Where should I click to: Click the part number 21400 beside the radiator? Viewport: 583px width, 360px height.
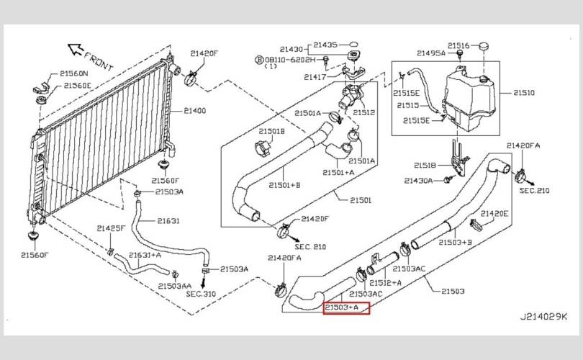pos(195,110)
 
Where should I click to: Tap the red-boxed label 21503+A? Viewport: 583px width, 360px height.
pos(342,307)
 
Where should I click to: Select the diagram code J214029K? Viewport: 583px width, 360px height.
pos(543,317)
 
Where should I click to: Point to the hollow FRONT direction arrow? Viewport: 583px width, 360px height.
pos(76,50)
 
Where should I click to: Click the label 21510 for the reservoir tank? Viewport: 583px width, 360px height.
pos(524,93)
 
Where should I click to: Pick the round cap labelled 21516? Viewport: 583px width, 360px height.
pos(483,47)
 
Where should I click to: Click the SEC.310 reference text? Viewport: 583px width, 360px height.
pos(201,294)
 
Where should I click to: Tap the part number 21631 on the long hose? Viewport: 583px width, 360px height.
pos(168,221)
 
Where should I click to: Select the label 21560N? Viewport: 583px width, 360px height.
pos(74,73)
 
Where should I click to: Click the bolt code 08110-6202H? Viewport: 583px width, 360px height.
pos(290,60)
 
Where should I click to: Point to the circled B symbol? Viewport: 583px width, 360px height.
pos(259,60)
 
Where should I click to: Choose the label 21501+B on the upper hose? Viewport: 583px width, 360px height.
pos(284,185)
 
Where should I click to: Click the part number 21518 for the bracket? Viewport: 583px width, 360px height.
pos(425,165)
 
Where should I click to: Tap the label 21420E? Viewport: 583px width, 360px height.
pos(494,213)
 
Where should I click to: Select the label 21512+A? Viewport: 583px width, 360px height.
pos(385,283)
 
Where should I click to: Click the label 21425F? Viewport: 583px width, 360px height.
pos(111,228)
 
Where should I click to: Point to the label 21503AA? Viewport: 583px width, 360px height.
pos(175,286)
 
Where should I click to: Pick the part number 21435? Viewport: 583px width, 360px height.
pos(325,45)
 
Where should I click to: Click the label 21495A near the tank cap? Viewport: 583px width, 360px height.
pos(431,53)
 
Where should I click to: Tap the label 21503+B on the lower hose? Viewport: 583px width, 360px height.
pos(455,243)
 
